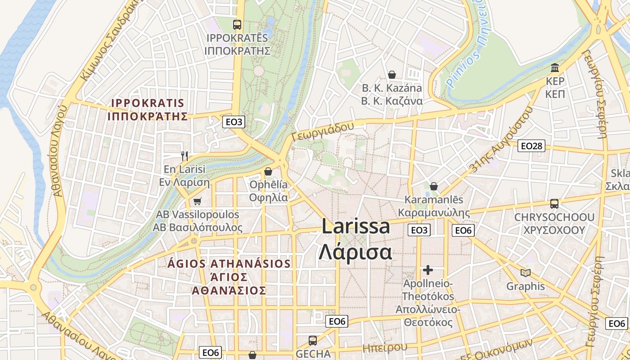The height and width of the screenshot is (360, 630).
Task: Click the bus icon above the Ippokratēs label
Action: pos(237,25)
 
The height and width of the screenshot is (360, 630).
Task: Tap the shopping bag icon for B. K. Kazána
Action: pos(392,75)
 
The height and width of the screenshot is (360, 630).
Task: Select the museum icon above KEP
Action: pos(555,68)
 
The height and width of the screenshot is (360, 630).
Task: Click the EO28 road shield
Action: pos(531,146)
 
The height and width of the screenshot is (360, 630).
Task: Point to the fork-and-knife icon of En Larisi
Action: pos(184,156)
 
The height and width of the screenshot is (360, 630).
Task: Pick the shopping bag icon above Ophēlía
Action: pos(268,171)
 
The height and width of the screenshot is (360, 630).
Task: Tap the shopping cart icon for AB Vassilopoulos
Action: pos(197,201)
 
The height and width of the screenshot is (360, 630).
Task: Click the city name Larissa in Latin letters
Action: pos(355,226)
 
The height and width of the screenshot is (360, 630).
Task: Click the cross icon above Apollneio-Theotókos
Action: pos(427,270)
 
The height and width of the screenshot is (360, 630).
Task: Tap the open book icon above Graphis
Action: pos(525,272)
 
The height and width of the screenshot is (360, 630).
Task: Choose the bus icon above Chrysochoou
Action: pos(554,204)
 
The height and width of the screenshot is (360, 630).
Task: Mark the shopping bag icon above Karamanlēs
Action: pos(434,186)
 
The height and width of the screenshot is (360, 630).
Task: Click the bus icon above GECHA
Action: pos(313,341)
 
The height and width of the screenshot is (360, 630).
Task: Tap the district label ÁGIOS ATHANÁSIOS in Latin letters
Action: pos(229,263)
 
